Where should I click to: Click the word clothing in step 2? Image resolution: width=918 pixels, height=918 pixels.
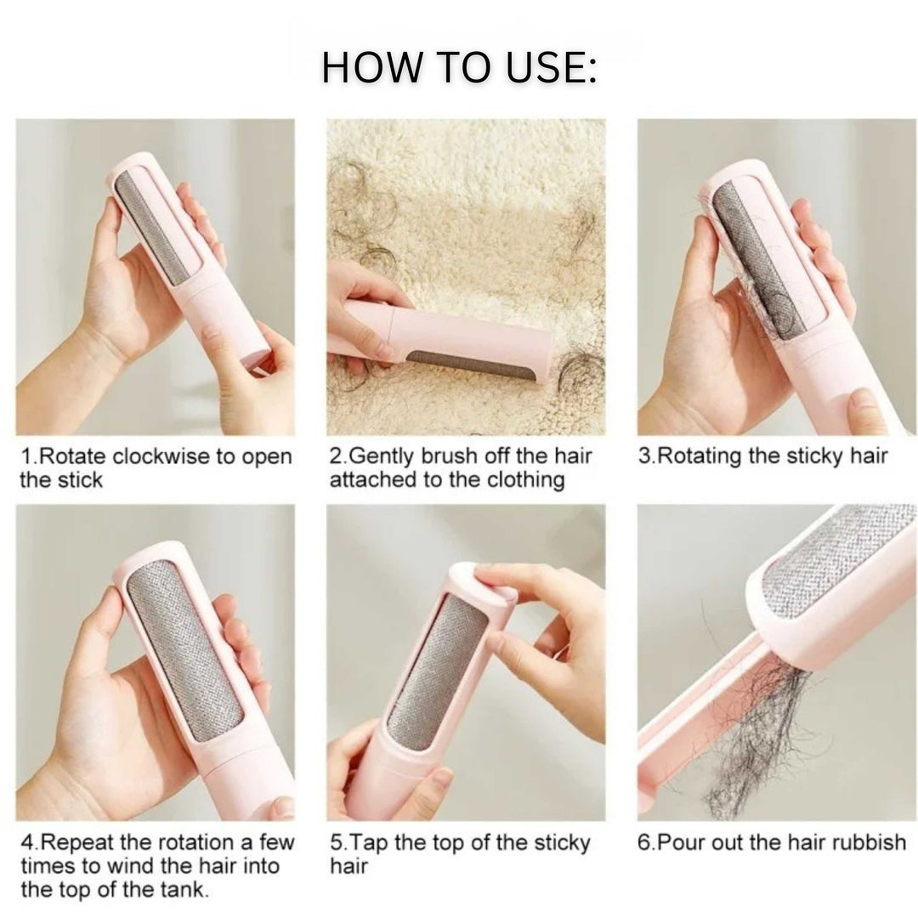click(525, 480)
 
